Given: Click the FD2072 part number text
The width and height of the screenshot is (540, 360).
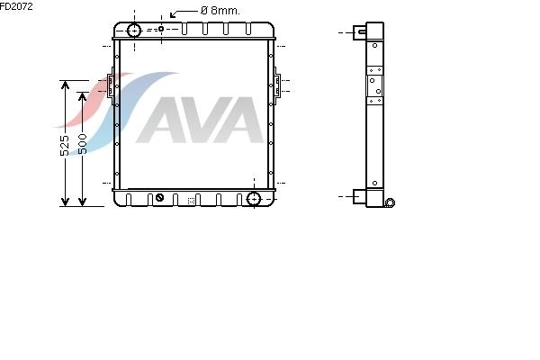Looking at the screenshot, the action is coord(16,6).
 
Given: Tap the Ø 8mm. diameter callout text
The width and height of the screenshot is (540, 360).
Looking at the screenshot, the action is coord(220,11).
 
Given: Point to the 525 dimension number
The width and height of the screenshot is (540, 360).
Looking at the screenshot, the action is coord(65,145).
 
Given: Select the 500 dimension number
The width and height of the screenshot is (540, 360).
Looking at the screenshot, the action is coord(82,144).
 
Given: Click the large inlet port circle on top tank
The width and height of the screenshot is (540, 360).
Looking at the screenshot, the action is coord(134,31).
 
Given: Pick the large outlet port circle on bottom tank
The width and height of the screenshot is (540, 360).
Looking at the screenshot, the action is coord(254,199).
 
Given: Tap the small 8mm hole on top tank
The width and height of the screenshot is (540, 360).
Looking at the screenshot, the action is coord(161,29).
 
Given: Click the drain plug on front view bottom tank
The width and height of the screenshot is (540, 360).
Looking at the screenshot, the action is coord(159,198).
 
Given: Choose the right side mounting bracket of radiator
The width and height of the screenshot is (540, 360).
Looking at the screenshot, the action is coord(277,84).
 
